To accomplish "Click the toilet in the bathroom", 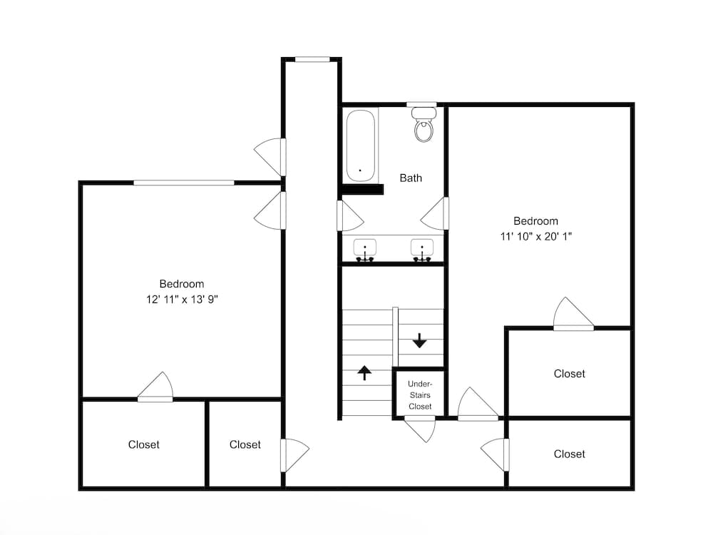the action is [424, 125].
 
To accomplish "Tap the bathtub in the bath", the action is [361, 146].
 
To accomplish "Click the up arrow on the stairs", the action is [364, 372].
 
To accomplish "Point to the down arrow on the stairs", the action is [419, 341].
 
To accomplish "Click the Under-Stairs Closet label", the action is [420, 395].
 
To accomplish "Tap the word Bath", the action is [411, 178].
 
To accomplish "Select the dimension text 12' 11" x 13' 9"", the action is [182, 300].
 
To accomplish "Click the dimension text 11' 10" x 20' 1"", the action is [535, 236].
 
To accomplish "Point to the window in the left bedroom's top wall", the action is [184, 183].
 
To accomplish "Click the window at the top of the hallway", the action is [312, 59].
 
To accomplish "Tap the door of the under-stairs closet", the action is [420, 429].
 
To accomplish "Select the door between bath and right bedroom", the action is [435, 213].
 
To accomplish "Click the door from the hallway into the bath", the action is [350, 215].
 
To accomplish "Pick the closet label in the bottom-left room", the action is [144, 444].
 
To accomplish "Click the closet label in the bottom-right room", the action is [569, 454].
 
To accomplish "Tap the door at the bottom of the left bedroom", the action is [155, 387].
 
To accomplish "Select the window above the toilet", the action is [421, 105].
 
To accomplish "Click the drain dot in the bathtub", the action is [360, 170].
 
